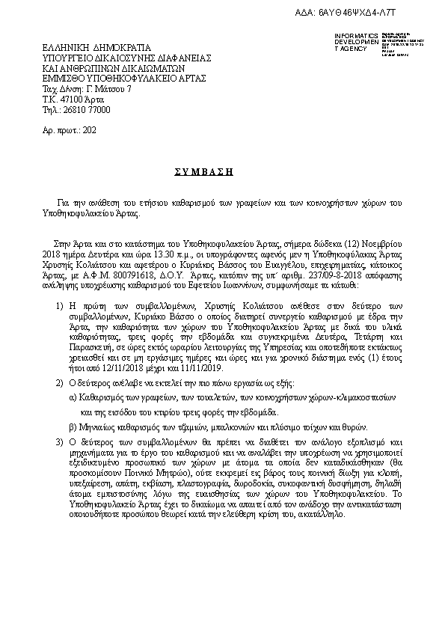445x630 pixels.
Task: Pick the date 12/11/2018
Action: pos(109,368)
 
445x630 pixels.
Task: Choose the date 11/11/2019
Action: pos(190,368)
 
